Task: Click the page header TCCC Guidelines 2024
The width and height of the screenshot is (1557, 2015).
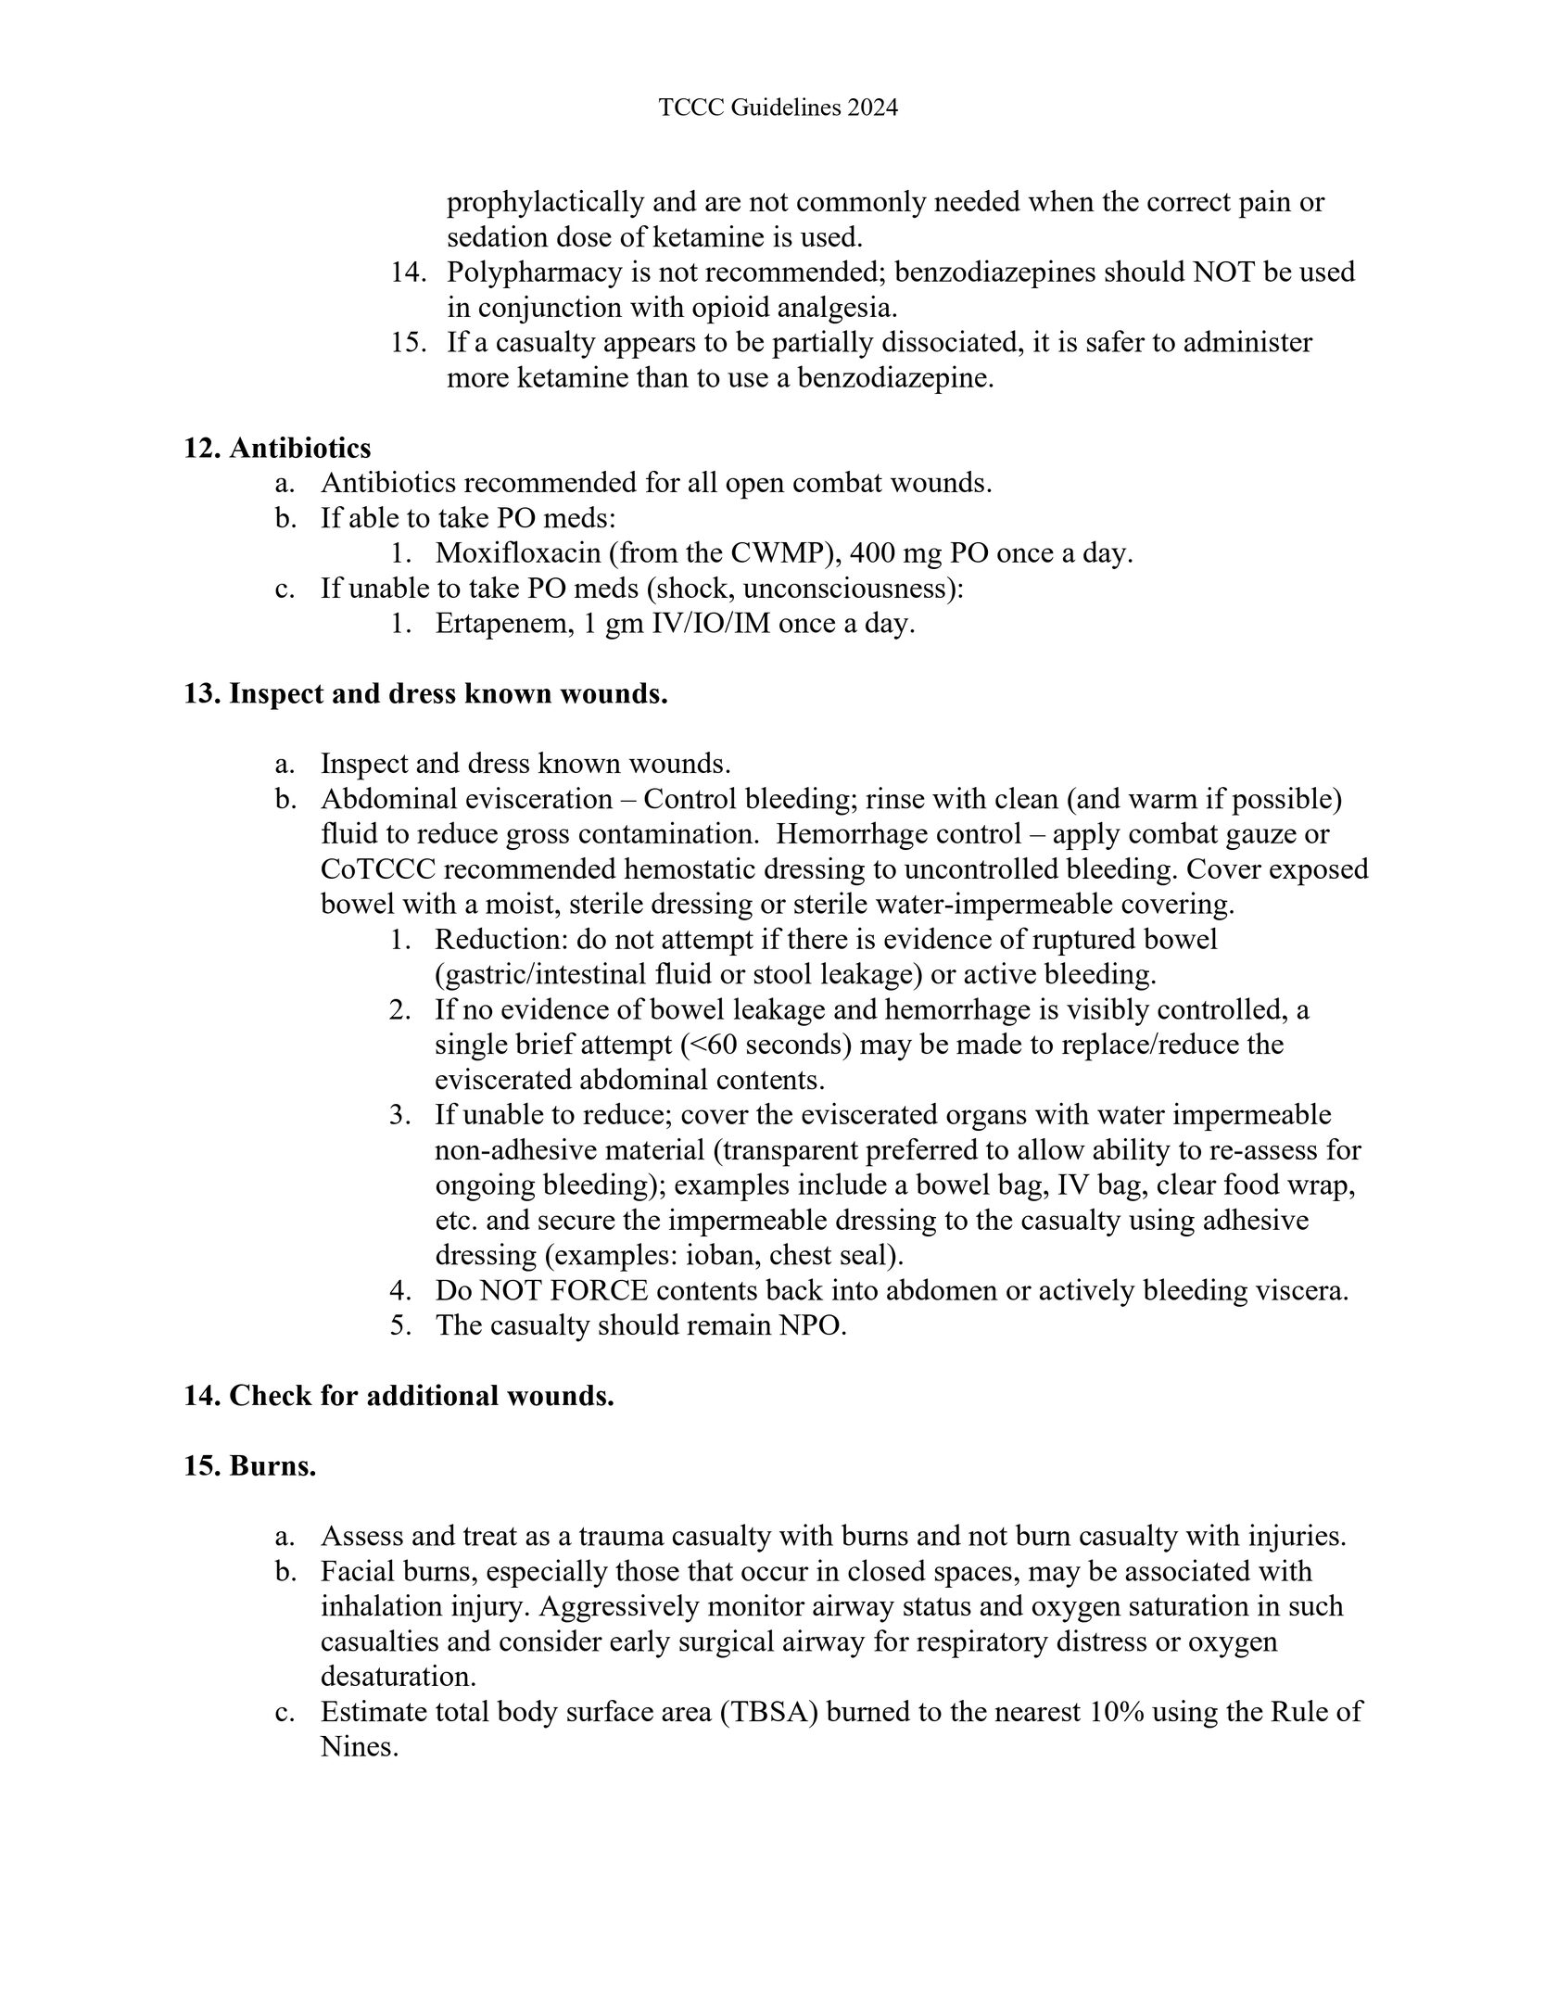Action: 778,108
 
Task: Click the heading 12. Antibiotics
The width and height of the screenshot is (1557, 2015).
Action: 277,448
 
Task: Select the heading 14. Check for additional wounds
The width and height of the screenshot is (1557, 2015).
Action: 399,1395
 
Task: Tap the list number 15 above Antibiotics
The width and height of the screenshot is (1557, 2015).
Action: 407,343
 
